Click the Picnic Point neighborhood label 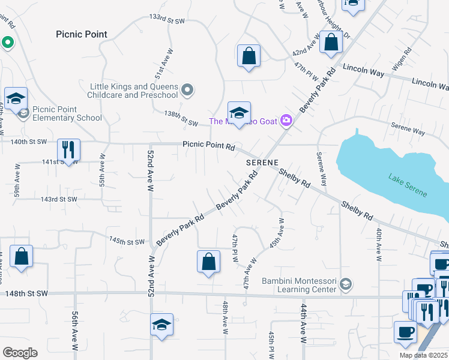point(82,34)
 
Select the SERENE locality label point(262,163)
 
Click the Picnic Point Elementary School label point(67,113)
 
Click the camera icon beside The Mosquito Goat point(286,121)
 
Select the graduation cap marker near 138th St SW point(239,113)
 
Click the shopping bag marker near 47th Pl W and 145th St point(208,262)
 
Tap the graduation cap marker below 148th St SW point(161,325)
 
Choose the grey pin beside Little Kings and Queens point(187,91)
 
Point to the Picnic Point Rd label point(208,145)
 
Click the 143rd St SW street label point(58,199)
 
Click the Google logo point(20,353)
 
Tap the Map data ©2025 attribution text point(423,355)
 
